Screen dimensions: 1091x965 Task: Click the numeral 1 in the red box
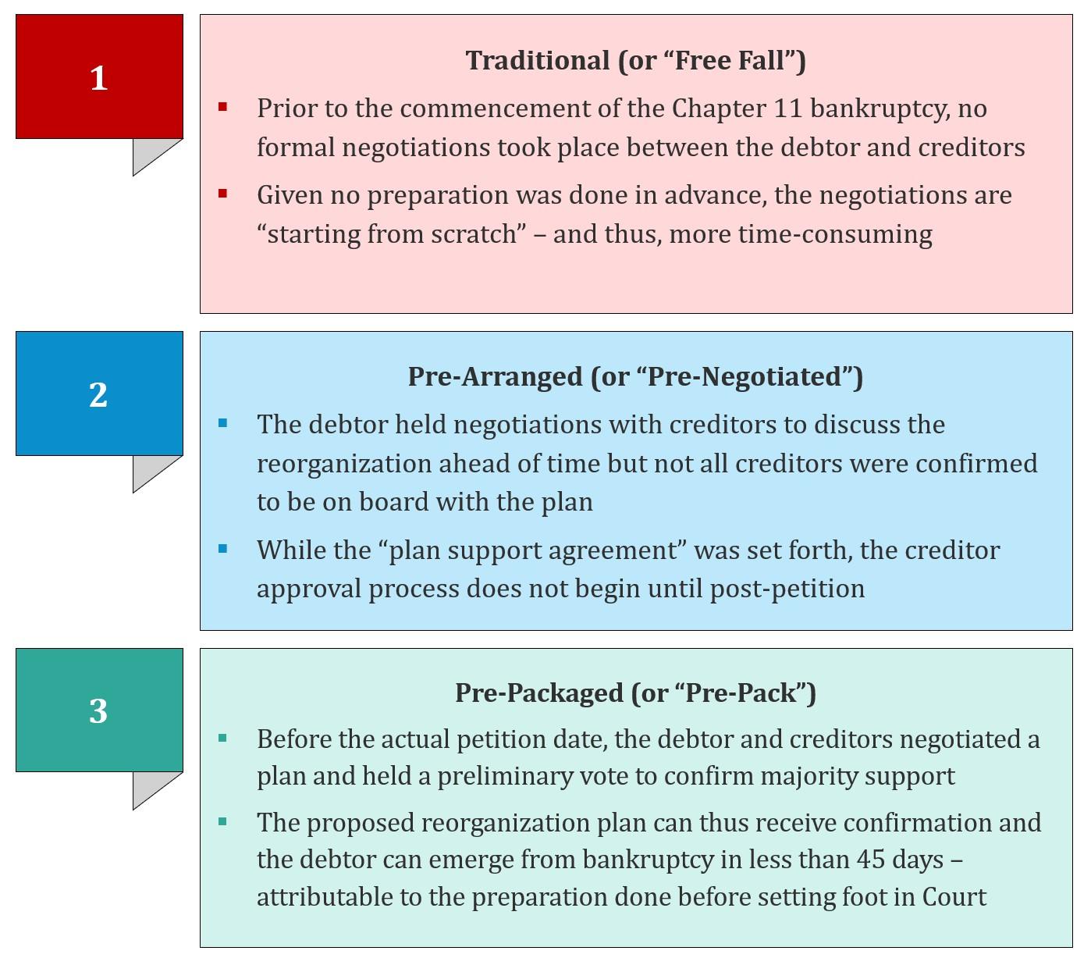click(x=98, y=78)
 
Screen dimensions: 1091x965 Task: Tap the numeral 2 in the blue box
click(x=98, y=394)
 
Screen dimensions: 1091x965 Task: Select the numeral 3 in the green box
click(x=98, y=710)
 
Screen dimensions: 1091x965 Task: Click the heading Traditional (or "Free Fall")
click(x=635, y=60)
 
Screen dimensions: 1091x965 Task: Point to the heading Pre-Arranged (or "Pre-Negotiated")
click(x=635, y=376)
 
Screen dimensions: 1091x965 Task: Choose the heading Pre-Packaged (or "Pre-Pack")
click(x=635, y=693)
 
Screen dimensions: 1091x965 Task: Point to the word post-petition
click(x=787, y=589)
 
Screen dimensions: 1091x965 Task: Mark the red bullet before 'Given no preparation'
click(x=222, y=194)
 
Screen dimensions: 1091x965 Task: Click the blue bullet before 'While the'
click(x=222, y=549)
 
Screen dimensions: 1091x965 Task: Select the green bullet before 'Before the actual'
click(x=222, y=738)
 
